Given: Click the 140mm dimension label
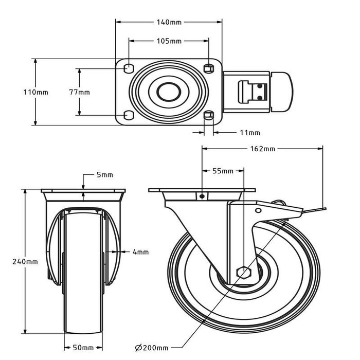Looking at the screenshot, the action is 169,22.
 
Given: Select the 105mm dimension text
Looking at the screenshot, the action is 169,41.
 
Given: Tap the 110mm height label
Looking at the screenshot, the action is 36,92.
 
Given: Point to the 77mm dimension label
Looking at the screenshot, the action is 79,92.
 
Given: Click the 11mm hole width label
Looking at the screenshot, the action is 250,133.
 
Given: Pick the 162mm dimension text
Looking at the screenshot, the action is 262,149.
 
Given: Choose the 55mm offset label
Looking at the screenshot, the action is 223,171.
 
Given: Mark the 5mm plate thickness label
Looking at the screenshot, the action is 105,175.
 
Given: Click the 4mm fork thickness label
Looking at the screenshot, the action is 141,252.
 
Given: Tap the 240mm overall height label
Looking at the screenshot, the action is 25,262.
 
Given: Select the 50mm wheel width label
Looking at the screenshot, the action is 83,348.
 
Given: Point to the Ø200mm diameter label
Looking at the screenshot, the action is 152,348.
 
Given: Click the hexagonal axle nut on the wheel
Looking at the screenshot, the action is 244,273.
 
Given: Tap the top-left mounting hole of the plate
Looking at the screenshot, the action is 129,68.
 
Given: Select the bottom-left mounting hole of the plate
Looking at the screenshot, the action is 129,115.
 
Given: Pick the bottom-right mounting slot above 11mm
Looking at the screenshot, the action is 209,115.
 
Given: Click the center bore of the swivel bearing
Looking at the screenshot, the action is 169,92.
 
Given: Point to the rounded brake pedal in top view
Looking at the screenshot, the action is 282,92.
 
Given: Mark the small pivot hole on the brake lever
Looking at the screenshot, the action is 258,210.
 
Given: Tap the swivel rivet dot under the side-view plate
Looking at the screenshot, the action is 202,196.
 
